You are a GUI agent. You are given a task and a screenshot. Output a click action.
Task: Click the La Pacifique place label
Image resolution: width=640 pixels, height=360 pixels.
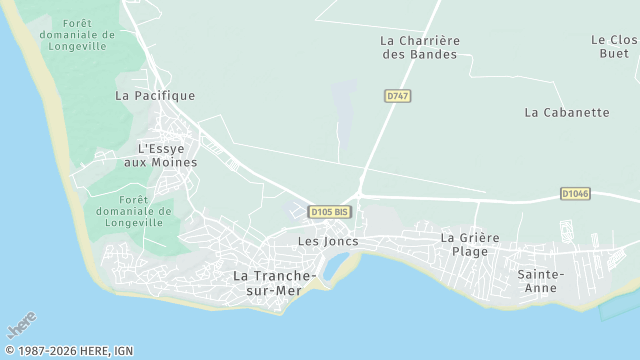coord(155,96)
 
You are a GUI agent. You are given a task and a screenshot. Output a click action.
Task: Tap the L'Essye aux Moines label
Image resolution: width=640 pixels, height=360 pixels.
coord(168,155)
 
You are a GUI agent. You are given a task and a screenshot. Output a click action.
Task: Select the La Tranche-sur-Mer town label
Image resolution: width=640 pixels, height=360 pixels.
coord(274,282)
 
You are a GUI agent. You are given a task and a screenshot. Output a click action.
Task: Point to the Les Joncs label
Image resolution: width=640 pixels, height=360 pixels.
coord(327,242)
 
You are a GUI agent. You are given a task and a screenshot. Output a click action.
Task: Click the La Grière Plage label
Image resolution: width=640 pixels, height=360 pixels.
coord(470,244)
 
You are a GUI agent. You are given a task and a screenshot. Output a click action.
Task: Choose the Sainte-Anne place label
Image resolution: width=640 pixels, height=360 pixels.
coord(541,280)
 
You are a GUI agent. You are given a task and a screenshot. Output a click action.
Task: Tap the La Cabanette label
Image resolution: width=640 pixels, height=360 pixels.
coord(566,113)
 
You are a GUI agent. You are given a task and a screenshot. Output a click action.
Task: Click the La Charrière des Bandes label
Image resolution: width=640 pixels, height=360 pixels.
coord(419,47)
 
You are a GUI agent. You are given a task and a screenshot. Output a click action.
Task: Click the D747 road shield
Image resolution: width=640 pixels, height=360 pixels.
coord(398,96)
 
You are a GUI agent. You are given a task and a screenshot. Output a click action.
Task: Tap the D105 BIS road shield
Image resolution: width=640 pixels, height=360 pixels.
coord(329,212)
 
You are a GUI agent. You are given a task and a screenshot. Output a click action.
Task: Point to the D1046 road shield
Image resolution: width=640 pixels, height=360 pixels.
coord(575,194)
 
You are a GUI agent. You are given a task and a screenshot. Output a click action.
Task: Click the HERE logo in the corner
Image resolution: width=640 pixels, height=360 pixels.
coord(21,325)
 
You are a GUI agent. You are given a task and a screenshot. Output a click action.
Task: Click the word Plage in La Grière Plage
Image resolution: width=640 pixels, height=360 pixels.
coord(469,251)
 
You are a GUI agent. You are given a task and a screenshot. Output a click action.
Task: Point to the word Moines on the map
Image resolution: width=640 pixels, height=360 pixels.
coord(175,162)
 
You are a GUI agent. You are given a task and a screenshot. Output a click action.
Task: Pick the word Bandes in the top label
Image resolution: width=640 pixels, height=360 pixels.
coord(434,54)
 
